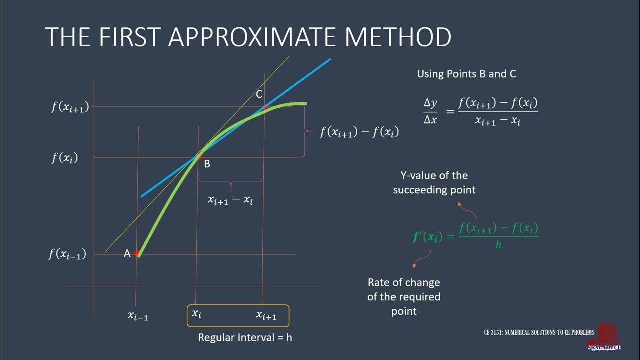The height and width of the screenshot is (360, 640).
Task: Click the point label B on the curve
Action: pyautogui.click(x=207, y=164)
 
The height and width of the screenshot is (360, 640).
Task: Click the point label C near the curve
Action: pyautogui.click(x=259, y=94)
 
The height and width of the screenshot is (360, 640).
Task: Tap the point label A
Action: pyautogui.click(x=127, y=254)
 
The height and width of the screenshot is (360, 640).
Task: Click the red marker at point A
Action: pyautogui.click(x=136, y=253)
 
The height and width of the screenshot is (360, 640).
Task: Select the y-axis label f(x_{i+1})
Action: pyautogui.click(x=70, y=107)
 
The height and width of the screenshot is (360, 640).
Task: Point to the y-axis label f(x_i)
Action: pyautogui.click(x=65, y=158)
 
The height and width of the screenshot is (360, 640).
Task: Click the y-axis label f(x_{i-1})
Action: pyautogui.click(x=67, y=254)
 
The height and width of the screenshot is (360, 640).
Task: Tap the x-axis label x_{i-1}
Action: pyautogui.click(x=138, y=315)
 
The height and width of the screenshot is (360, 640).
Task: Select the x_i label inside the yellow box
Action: pyautogui.click(x=196, y=314)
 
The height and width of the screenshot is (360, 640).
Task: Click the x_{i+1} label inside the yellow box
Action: pyautogui.click(x=266, y=315)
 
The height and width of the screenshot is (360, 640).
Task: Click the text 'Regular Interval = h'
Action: pyautogui.click(x=245, y=337)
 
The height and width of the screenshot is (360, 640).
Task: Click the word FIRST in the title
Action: pyautogui.click(x=123, y=37)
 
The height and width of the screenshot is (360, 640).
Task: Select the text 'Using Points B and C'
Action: pyautogui.click(x=466, y=74)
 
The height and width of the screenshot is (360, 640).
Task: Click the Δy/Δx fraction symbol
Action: pyautogui.click(x=430, y=111)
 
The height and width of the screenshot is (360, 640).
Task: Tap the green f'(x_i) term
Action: pyautogui.click(x=427, y=237)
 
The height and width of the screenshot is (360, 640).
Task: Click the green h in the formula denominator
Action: pyautogui.click(x=498, y=245)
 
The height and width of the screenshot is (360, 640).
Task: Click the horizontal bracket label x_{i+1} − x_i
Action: pyautogui.click(x=230, y=200)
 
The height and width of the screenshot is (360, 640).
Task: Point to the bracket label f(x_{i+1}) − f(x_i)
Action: pyautogui.click(x=359, y=132)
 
